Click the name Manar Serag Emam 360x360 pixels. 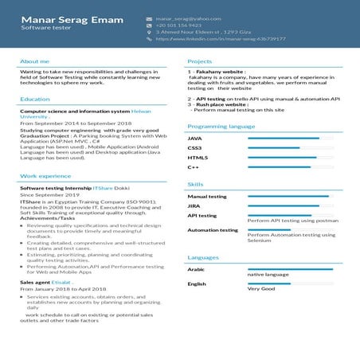[72, 19]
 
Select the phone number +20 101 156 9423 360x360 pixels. [178, 25]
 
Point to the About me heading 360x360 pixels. [34, 61]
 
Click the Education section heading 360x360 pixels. [35, 100]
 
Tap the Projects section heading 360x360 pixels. [199, 61]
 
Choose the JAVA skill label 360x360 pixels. [194, 139]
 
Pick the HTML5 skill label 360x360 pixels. [198, 158]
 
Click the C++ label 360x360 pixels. [193, 167]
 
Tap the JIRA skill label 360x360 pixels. [194, 205]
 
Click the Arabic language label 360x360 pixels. [196, 269]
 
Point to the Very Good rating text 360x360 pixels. [260, 289]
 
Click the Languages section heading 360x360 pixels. [203, 257]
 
